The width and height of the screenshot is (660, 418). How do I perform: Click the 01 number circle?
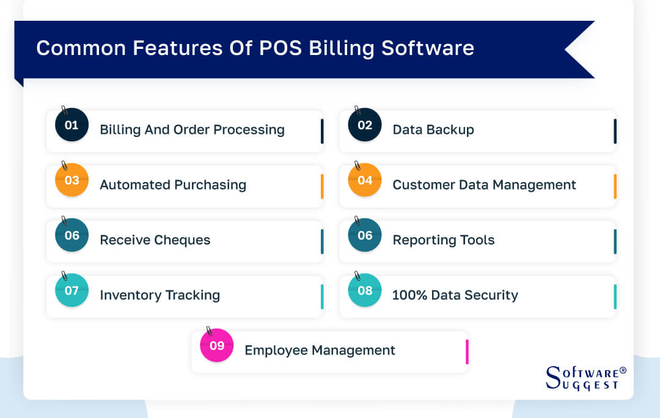[x=71, y=125]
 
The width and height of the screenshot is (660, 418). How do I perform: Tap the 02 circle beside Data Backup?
[x=365, y=125]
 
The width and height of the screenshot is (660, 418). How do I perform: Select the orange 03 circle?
[x=71, y=180]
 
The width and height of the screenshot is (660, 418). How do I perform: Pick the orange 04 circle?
[x=365, y=180]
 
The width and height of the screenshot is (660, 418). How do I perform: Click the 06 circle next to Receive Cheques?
[x=71, y=235]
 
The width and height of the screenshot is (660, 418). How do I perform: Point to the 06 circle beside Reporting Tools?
[x=365, y=235]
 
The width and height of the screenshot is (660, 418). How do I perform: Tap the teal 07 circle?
[x=71, y=290]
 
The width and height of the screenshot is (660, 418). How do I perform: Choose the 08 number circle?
[x=365, y=290]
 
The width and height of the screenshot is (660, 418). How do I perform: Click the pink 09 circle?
[x=217, y=346]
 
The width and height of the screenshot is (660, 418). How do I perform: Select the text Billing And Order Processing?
[x=192, y=130]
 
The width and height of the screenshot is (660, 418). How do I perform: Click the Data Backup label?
[x=433, y=130]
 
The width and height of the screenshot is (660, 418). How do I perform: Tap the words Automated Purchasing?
[x=173, y=185]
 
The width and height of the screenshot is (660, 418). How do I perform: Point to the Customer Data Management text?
[x=484, y=185]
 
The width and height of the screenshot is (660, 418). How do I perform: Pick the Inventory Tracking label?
[x=159, y=295]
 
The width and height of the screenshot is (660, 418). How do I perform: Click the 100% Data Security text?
[x=455, y=296]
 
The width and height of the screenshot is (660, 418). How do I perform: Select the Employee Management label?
[x=320, y=351]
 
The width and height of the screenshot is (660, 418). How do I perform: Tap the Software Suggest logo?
[x=585, y=378]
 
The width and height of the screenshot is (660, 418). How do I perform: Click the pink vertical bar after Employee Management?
[x=467, y=351]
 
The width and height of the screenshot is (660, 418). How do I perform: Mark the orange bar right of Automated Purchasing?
[x=322, y=186]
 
